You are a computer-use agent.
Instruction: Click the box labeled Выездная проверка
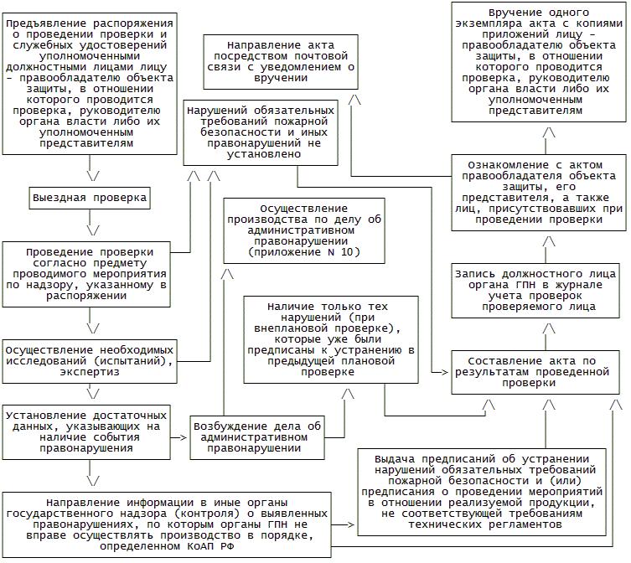click(89, 199)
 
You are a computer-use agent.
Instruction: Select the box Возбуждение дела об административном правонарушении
click(257, 436)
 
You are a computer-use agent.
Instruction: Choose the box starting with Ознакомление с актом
click(538, 192)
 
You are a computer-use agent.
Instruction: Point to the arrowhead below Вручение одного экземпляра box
click(549, 133)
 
